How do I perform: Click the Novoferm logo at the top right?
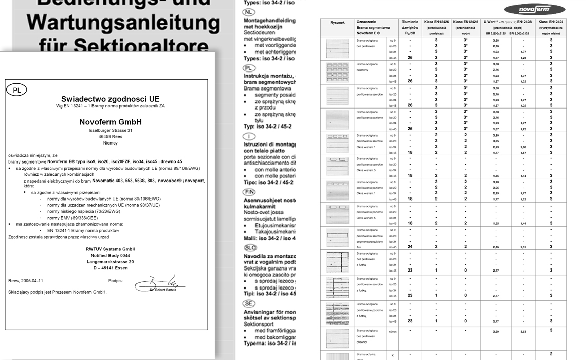pos(528,9)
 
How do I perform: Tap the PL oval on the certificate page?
pos(16,90)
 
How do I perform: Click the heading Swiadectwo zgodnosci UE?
pos(110,99)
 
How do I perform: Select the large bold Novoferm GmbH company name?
pos(110,122)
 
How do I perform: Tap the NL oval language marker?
pos(249,11)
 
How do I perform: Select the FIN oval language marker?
pos(249,192)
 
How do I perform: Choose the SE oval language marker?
pos(249,303)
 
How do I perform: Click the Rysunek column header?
pos(337,23)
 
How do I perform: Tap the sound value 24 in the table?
pos(410,247)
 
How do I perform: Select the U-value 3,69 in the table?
pos(496,332)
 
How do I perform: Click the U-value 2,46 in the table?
pos(496,247)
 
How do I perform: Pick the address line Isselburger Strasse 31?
pos(110,131)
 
